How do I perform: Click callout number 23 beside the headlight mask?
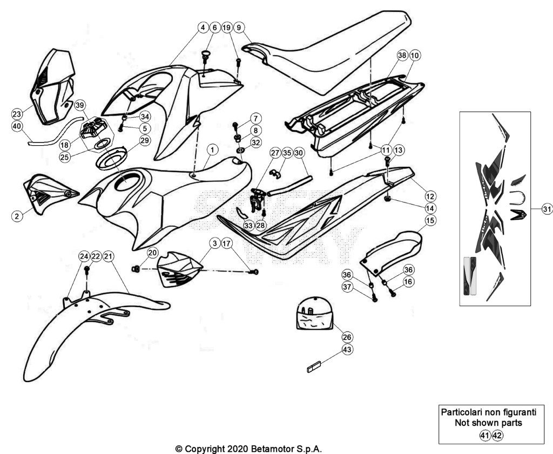tap(17, 114)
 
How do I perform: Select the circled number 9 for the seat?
tap(239, 27)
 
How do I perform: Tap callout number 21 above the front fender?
tap(108, 256)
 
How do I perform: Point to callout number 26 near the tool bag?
tap(347, 337)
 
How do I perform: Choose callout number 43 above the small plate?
tap(347, 349)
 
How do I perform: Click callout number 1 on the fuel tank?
tap(212, 150)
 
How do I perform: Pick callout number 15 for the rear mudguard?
tap(430, 220)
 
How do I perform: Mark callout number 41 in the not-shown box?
tap(485, 436)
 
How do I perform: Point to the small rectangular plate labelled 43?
tap(313, 367)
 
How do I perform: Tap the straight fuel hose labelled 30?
tap(289, 186)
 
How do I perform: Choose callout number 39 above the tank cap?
tap(80, 105)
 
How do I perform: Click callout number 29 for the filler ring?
tap(145, 140)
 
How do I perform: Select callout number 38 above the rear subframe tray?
tap(402, 56)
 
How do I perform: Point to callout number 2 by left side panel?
tap(17, 216)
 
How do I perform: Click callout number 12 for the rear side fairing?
tap(430, 196)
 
